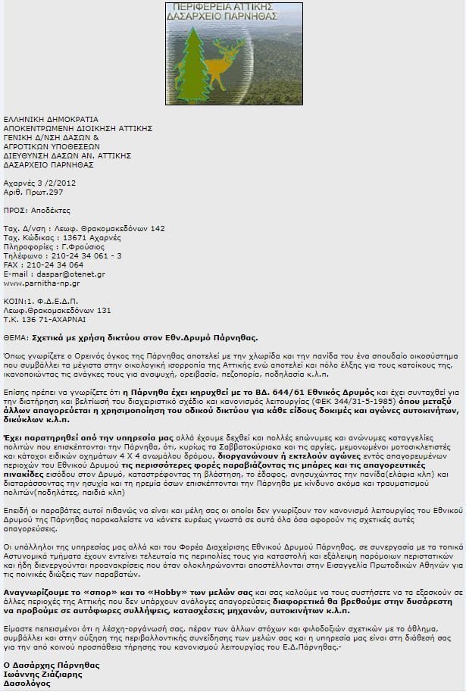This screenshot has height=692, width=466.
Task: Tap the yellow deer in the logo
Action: pyautogui.click(x=226, y=61)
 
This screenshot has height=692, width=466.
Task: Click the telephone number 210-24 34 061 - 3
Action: pyautogui.click(x=84, y=255)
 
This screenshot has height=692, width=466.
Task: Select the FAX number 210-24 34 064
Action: pyautogui.click(x=54, y=265)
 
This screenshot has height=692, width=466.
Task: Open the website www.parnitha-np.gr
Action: pyautogui.click(x=42, y=283)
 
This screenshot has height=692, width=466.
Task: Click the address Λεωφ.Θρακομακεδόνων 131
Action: pyautogui.click(x=57, y=310)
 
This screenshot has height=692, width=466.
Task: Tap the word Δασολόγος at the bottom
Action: pyautogui.click(x=27, y=683)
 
